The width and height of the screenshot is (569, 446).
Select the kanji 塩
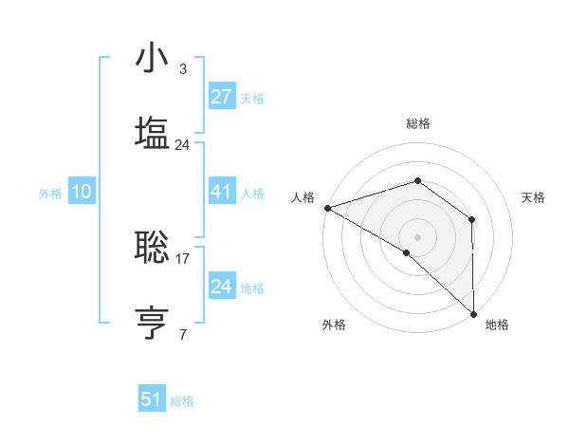(153, 134)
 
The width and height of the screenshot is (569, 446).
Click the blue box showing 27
(221, 97)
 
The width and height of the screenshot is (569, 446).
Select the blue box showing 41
(221, 192)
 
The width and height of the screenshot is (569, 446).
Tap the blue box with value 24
(221, 287)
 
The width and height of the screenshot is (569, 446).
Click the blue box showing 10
(82, 192)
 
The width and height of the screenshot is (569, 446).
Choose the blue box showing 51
(152, 400)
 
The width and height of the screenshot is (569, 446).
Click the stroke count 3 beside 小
(183, 69)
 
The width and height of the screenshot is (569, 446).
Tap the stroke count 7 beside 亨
(183, 334)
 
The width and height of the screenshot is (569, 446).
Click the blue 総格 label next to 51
(182, 401)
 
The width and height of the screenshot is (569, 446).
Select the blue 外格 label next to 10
(50, 193)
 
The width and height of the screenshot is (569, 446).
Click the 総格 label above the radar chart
(418, 123)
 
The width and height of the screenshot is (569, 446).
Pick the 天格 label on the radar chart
(533, 197)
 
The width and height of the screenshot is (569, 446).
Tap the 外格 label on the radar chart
(334, 325)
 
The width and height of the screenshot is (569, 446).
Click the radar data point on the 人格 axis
(326, 207)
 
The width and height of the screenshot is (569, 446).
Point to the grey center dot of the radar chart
(417, 235)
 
